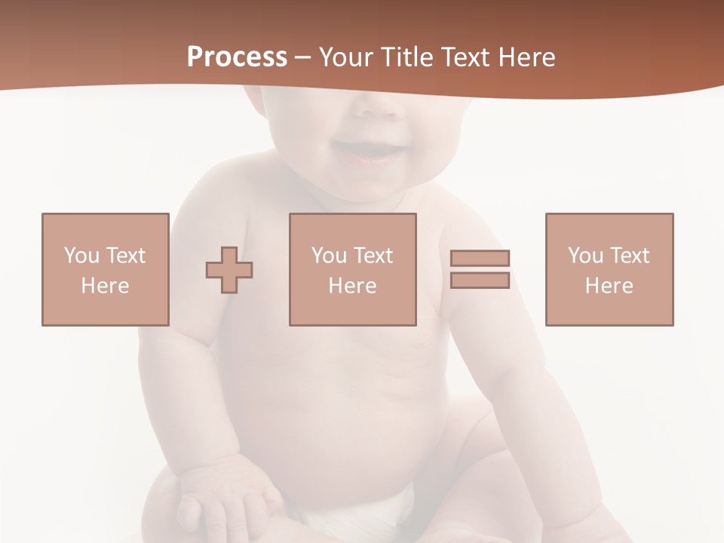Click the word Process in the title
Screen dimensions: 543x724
pyautogui.click(x=237, y=57)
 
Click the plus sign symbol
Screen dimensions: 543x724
pyautogui.click(x=229, y=270)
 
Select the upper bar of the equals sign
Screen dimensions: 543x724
pyautogui.click(x=480, y=258)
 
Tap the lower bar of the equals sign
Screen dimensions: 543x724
pyautogui.click(x=480, y=280)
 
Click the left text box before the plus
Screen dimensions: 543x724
pyautogui.click(x=106, y=269)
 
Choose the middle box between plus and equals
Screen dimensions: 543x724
pyautogui.click(x=352, y=269)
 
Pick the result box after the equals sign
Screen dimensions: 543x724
pyautogui.click(x=609, y=269)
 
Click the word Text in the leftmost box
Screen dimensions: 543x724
pyautogui.click(x=125, y=256)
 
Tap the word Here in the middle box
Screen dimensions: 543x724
pyautogui.click(x=352, y=286)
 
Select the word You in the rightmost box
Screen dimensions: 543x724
pyautogui.click(x=585, y=256)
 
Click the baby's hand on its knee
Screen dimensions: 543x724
pyautogui.click(x=226, y=498)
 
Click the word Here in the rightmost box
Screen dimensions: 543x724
pyautogui.click(x=609, y=286)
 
